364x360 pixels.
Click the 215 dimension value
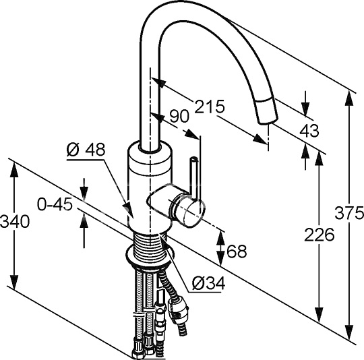[210, 107]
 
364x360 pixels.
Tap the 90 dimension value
[179, 116]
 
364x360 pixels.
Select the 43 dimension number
[309, 131]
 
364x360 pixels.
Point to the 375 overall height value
[349, 212]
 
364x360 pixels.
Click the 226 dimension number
[320, 235]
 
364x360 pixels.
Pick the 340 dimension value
[15, 221]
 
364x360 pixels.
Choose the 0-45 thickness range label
[55, 205]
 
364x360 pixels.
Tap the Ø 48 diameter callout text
[86, 149]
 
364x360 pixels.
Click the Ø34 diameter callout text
[208, 283]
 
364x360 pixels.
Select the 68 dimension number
[237, 251]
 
